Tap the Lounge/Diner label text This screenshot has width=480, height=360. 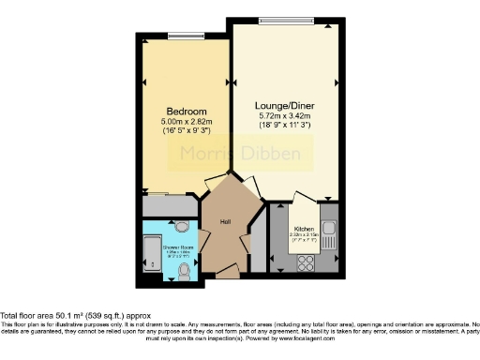coord(284,106)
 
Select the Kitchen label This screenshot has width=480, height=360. coord(305,228)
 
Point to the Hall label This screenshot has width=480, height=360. coord(226,221)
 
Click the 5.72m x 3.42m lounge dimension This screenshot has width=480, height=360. coord(284,116)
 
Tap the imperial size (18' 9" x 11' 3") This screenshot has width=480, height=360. coord(284,126)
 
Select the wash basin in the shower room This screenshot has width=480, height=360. coord(183,227)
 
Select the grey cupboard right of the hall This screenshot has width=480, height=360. coord(259,240)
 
